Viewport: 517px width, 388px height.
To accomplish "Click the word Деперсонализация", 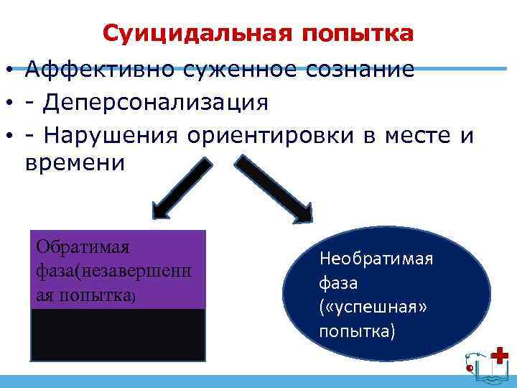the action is tap(156, 102).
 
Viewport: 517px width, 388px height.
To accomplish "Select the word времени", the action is tap(75, 163).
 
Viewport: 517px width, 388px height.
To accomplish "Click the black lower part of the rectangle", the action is tap(118, 334).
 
